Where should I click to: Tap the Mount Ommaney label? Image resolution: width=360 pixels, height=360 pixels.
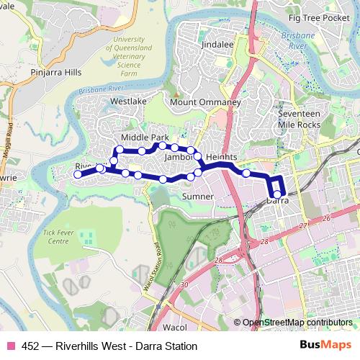204,103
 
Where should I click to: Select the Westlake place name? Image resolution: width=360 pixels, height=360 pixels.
128,102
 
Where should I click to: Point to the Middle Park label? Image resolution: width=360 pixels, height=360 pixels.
144,137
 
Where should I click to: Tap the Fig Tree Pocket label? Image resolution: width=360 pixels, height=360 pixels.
318,18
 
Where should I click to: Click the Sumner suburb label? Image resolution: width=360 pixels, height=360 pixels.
197,196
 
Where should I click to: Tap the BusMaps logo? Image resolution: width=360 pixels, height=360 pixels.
327,346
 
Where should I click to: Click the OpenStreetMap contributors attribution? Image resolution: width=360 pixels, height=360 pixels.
297,323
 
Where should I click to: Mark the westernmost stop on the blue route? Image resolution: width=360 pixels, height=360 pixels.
78,174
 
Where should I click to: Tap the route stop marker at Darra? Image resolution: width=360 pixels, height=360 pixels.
277,192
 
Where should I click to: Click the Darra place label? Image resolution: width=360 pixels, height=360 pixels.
278,202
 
